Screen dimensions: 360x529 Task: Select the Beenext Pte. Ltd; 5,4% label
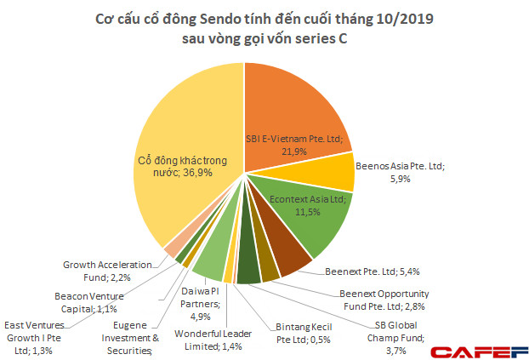pos(373,273)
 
